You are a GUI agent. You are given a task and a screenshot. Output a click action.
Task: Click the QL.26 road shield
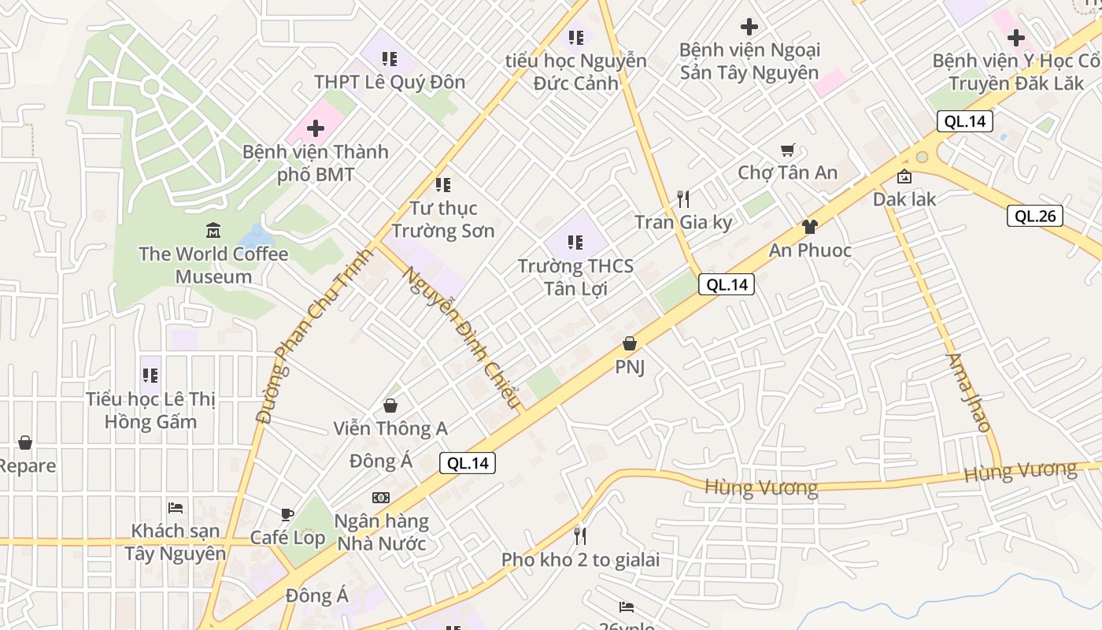(1035, 216)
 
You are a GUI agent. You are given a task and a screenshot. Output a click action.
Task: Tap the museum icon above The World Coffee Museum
(213, 231)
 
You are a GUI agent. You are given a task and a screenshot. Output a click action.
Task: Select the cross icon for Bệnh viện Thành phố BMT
(316, 128)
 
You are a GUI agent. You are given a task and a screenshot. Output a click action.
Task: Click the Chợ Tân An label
(787, 172)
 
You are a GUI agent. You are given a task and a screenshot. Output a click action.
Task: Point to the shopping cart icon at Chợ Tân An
(787, 150)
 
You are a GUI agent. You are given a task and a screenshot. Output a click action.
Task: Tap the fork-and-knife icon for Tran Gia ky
(683, 198)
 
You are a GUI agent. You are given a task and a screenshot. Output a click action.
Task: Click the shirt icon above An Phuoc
(809, 227)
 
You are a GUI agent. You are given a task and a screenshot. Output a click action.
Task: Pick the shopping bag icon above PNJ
(629, 343)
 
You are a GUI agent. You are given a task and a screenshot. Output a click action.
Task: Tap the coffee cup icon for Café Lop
(287, 514)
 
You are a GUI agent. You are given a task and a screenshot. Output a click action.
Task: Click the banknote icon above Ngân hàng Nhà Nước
(381, 498)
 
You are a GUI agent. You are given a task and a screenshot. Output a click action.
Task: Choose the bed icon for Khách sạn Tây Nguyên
(176, 508)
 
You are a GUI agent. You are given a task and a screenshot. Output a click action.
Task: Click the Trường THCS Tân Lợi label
(575, 277)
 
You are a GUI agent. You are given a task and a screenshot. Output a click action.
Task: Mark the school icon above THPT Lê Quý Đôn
(389, 58)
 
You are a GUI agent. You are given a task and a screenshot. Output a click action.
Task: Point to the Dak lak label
(904, 199)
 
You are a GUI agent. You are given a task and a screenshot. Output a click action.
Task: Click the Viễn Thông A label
(390, 428)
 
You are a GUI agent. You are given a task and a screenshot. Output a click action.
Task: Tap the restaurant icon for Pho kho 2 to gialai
(580, 536)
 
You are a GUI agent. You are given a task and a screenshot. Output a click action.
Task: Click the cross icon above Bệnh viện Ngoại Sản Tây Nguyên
(749, 27)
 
